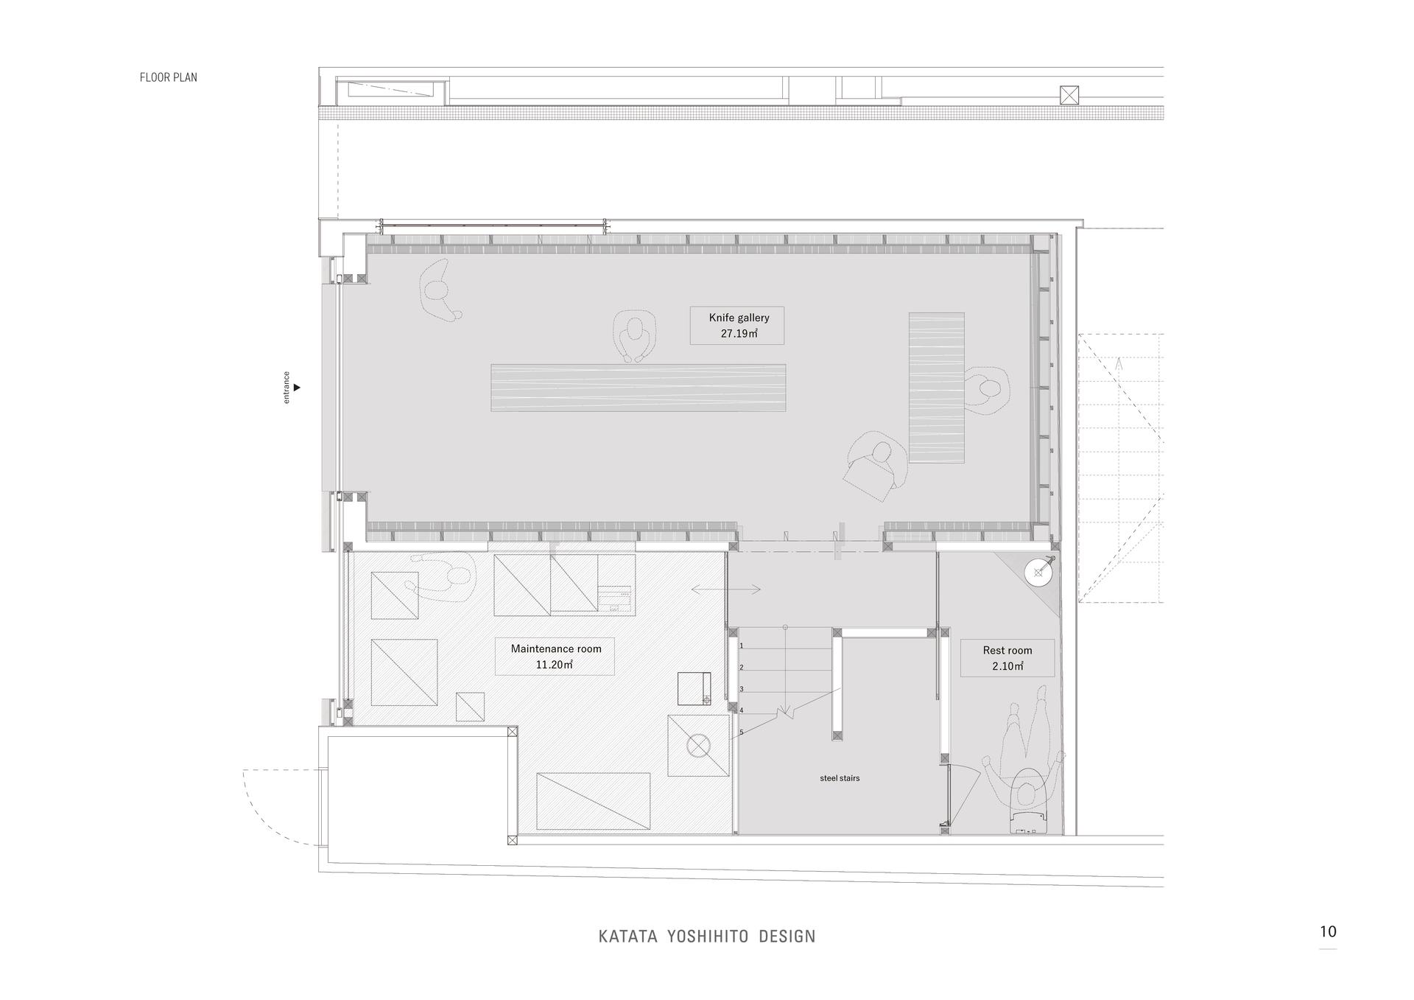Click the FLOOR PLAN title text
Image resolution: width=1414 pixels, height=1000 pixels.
169,77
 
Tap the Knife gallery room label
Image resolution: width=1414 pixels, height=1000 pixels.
737,326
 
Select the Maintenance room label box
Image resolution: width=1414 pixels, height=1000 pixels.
555,656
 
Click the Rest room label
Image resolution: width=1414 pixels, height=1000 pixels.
1007,658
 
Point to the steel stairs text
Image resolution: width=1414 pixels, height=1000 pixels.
840,778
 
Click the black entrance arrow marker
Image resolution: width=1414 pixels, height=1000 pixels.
297,387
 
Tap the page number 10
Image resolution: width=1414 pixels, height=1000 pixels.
1328,931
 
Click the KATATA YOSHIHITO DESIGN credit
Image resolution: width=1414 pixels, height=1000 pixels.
707,937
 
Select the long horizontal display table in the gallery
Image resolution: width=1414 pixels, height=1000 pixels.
639,388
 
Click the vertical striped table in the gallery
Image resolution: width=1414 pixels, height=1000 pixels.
937,388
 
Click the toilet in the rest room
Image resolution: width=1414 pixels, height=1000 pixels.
1028,803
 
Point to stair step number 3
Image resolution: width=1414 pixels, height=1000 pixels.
742,689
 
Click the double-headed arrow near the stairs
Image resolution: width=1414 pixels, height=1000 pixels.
726,590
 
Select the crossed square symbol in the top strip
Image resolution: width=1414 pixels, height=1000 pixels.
1069,94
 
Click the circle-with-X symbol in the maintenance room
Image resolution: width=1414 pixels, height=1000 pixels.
697,746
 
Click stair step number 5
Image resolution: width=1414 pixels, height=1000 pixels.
742,732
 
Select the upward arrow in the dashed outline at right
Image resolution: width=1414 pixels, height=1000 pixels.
1119,363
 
